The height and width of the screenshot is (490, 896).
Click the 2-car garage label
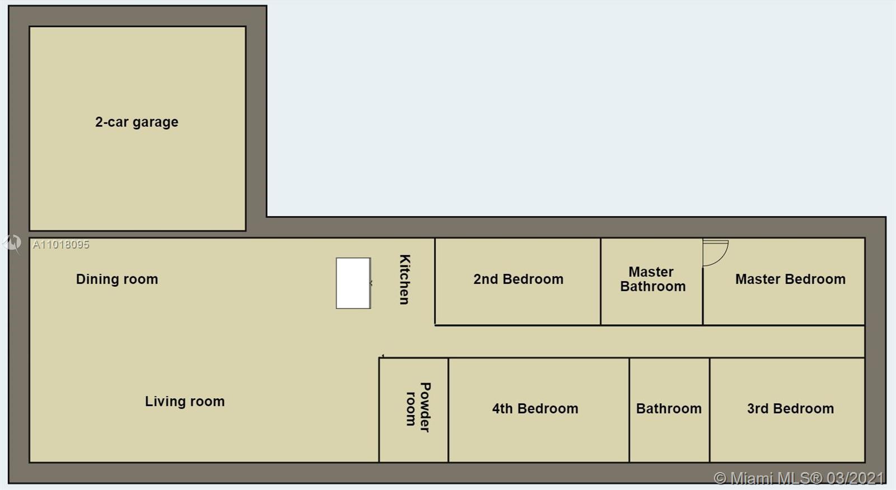[137, 122]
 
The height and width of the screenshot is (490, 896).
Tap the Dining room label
[117, 279]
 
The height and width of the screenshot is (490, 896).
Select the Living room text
[185, 401]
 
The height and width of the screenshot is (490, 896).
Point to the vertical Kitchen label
[405, 279]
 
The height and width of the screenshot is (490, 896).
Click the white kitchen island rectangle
[353, 283]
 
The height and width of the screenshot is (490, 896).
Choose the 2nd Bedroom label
[519, 279]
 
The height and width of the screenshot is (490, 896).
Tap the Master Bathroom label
[653, 279]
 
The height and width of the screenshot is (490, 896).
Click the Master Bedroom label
[790, 279]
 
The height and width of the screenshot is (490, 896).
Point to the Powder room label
[418, 407]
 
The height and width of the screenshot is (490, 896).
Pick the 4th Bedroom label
[535, 408]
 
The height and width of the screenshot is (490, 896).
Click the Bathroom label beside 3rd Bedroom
[669, 408]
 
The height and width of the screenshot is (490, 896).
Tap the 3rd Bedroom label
[790, 408]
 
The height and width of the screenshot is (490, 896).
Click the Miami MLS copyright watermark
[799, 478]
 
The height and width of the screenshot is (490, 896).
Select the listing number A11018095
[61, 244]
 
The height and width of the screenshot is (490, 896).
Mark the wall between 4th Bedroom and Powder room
[449, 410]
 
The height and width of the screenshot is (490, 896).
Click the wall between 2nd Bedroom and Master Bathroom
[600, 282]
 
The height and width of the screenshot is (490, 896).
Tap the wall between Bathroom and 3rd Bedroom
[710, 410]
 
